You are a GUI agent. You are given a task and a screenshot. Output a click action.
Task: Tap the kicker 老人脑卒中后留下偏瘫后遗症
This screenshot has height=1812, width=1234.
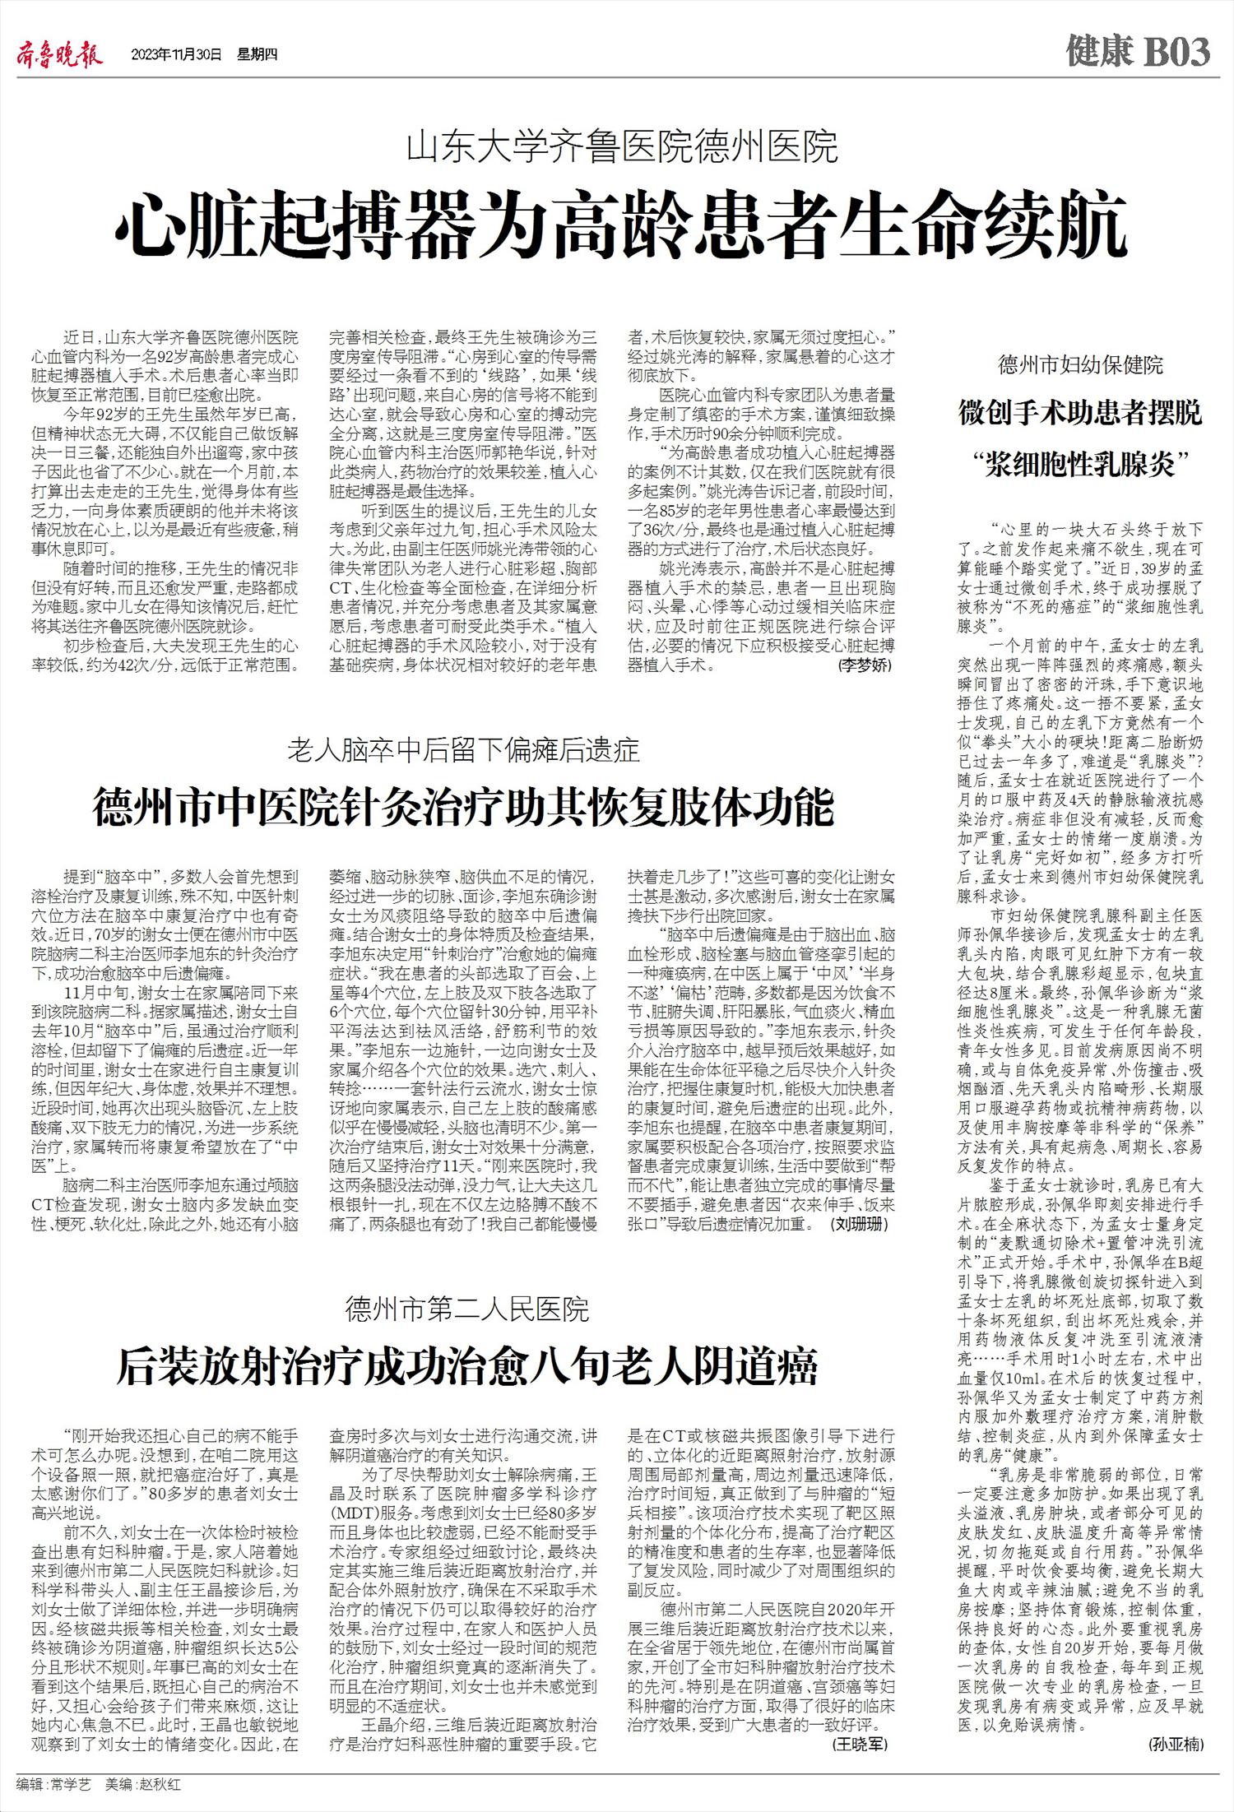463,750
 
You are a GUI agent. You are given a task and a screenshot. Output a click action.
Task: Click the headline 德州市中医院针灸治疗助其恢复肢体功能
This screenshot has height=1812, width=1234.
463,807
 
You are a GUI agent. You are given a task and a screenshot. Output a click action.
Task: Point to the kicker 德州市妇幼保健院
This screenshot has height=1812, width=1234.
1080,365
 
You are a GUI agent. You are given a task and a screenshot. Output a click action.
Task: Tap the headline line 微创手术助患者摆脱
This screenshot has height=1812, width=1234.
1080,413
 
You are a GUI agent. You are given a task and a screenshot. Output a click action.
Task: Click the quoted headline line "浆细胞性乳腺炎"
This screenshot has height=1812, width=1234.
1080,466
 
